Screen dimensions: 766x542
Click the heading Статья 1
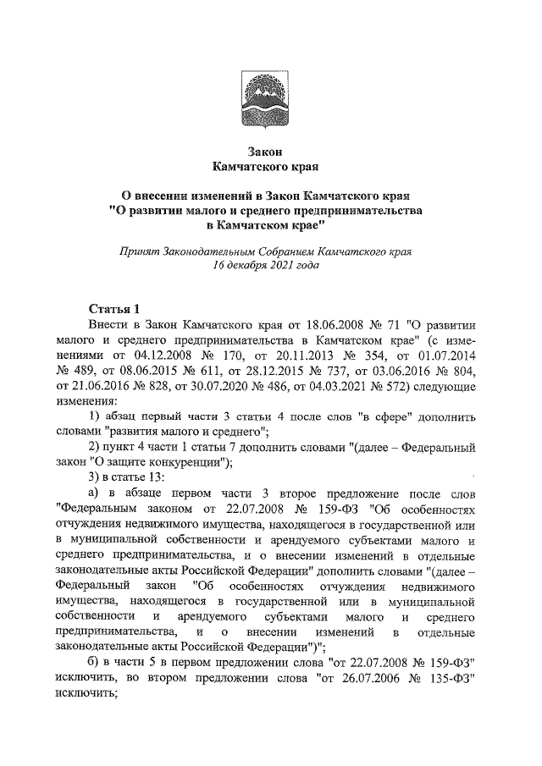pos(117,307)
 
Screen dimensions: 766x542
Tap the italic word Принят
pos(143,252)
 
